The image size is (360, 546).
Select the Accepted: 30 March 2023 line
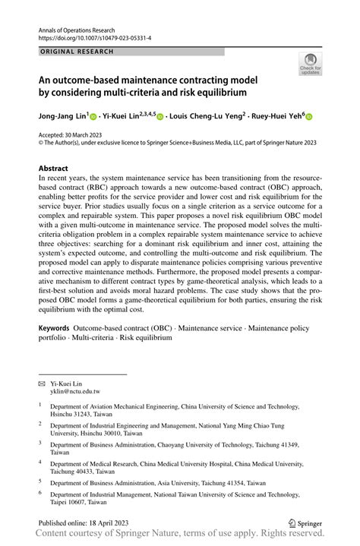(x=73, y=134)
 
